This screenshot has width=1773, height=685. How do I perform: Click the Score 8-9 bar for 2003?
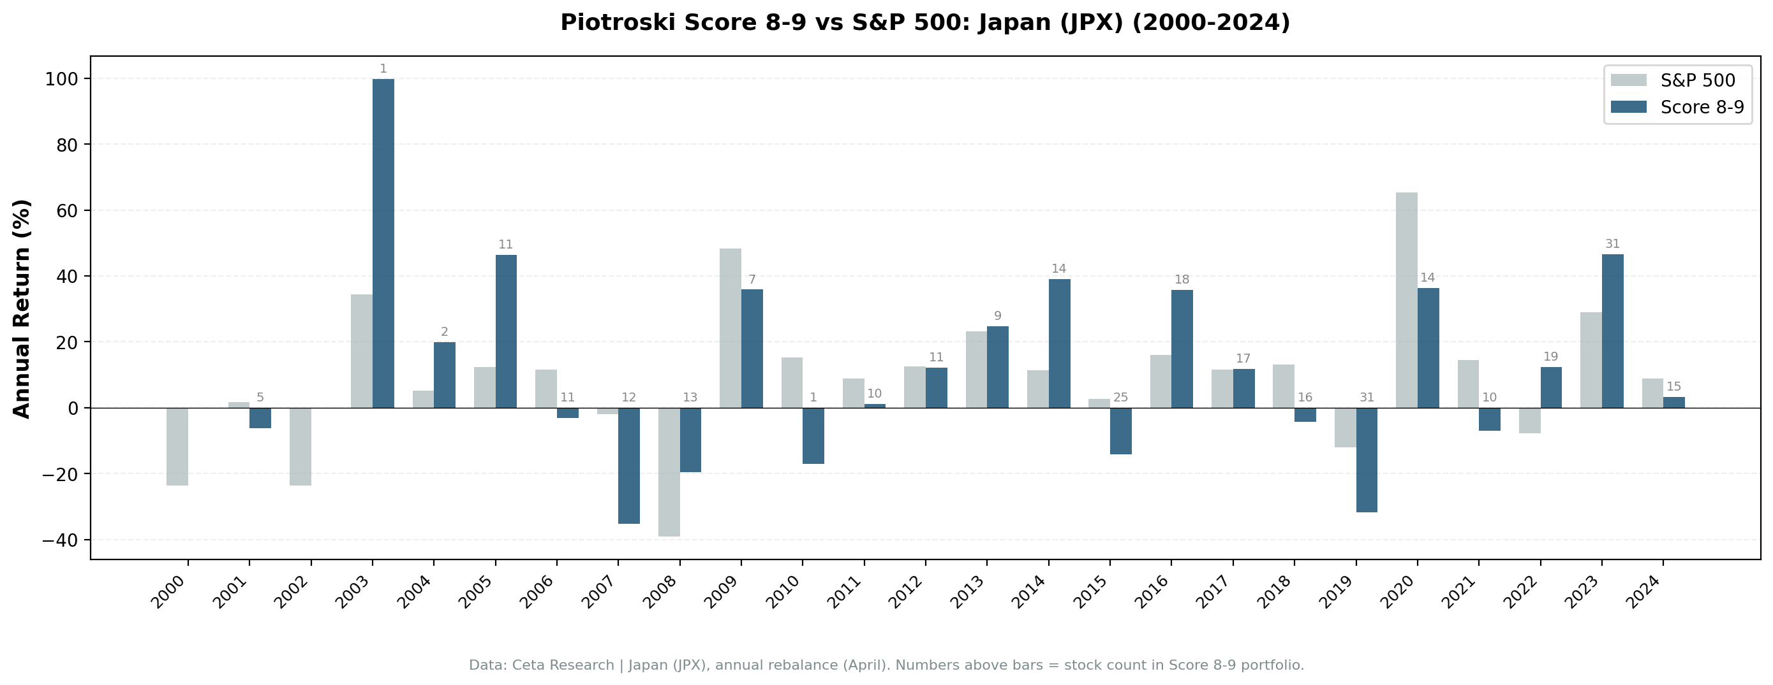pyautogui.click(x=383, y=243)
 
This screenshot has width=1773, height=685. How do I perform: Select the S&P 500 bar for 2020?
pyautogui.click(x=1406, y=301)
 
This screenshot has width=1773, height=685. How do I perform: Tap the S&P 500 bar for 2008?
pyautogui.click(x=669, y=472)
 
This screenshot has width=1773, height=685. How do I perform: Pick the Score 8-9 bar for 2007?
pyautogui.click(x=628, y=466)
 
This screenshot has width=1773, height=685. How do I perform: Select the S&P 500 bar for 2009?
pyautogui.click(x=731, y=328)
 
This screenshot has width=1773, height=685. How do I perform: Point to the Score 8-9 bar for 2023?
pyautogui.click(x=1613, y=331)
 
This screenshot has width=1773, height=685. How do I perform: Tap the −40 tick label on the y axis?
pyautogui.click(x=61, y=540)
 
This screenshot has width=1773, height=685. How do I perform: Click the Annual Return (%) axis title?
pyautogui.click(x=22, y=308)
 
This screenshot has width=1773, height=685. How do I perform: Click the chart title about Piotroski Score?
pyautogui.click(x=925, y=23)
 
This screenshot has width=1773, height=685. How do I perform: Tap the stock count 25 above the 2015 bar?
pyautogui.click(x=1120, y=398)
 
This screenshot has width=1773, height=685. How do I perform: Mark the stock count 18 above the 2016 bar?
pyautogui.click(x=1182, y=280)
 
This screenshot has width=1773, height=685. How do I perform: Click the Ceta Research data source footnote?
pyautogui.click(x=887, y=665)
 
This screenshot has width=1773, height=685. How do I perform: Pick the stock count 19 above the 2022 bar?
pyautogui.click(x=1551, y=357)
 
